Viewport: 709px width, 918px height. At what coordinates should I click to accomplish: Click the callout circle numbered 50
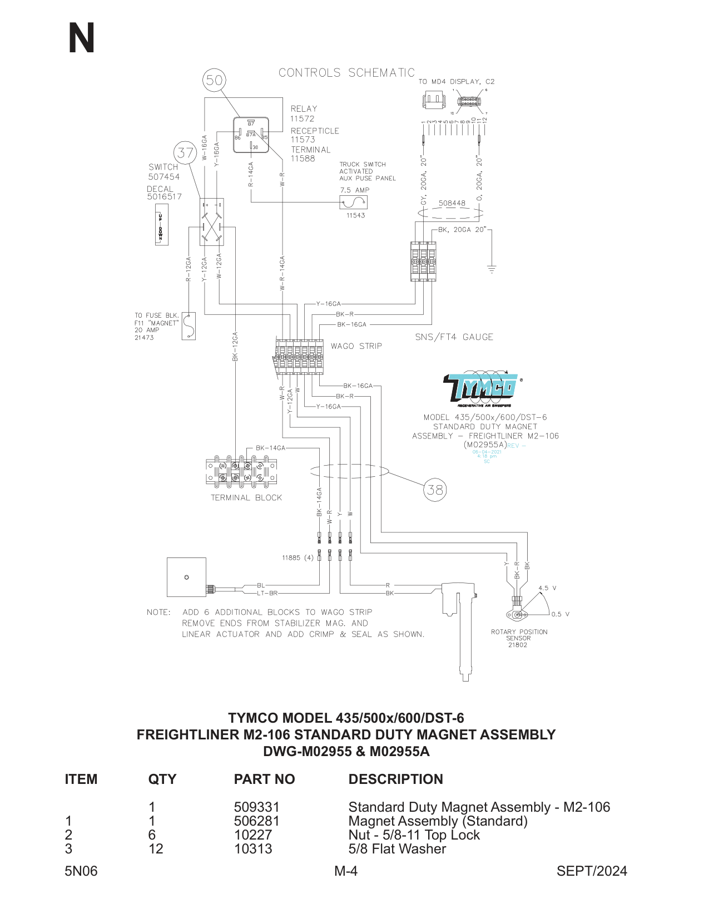coord(214,80)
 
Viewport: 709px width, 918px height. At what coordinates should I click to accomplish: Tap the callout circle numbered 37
coord(185,152)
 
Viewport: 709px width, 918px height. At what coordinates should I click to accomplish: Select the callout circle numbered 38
coord(435,490)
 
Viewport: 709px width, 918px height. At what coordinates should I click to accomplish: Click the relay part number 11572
coord(302,119)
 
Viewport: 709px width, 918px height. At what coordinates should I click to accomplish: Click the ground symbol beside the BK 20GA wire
coord(492,269)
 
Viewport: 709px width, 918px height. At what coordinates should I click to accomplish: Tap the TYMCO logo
coord(482,388)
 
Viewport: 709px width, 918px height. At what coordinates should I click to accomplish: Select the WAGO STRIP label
coord(356,346)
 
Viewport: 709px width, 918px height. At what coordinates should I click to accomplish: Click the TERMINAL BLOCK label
coord(246,498)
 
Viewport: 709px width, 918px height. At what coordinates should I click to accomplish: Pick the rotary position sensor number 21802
coord(517,645)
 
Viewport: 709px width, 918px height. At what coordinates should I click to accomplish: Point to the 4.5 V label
coord(547,588)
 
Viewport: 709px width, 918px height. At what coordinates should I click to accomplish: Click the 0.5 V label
coord(561,614)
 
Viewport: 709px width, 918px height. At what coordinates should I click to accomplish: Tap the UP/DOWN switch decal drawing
coord(161,225)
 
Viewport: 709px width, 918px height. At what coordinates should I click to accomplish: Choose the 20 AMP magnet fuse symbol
coord(189,326)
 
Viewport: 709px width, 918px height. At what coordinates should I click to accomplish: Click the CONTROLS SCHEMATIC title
coord(346,73)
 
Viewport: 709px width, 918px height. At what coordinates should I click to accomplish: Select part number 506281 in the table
coord(257,821)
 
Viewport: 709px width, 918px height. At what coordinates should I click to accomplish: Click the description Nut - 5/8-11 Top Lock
coord(414,835)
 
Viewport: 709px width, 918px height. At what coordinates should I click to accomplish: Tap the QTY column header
coord(162,779)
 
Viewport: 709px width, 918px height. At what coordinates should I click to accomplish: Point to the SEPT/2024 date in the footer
coord(592,871)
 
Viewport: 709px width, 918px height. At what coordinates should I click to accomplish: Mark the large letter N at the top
coord(82,38)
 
